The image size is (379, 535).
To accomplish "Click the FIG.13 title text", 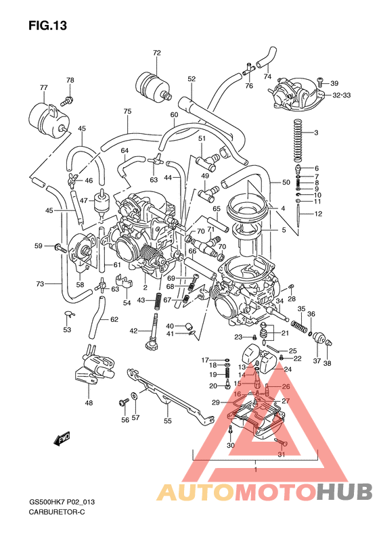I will (x=48, y=26).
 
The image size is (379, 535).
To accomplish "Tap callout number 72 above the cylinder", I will (x=157, y=53).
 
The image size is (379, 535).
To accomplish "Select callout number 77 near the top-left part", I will (x=44, y=88).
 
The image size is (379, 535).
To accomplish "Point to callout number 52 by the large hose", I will (x=192, y=79).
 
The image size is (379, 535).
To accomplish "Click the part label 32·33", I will (x=341, y=95).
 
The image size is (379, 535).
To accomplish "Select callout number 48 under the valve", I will (x=89, y=403).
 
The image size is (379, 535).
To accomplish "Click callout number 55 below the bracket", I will (x=168, y=421).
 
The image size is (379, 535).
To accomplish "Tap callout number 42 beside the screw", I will (x=134, y=331).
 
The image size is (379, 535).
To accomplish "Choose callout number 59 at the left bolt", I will (x=39, y=246).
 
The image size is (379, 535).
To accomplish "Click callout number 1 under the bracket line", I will (x=255, y=469).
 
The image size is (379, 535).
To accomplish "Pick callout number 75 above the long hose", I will (x=127, y=112).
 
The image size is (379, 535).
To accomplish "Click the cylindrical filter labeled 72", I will (x=154, y=83).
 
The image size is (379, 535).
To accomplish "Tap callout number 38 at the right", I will (x=327, y=363).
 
